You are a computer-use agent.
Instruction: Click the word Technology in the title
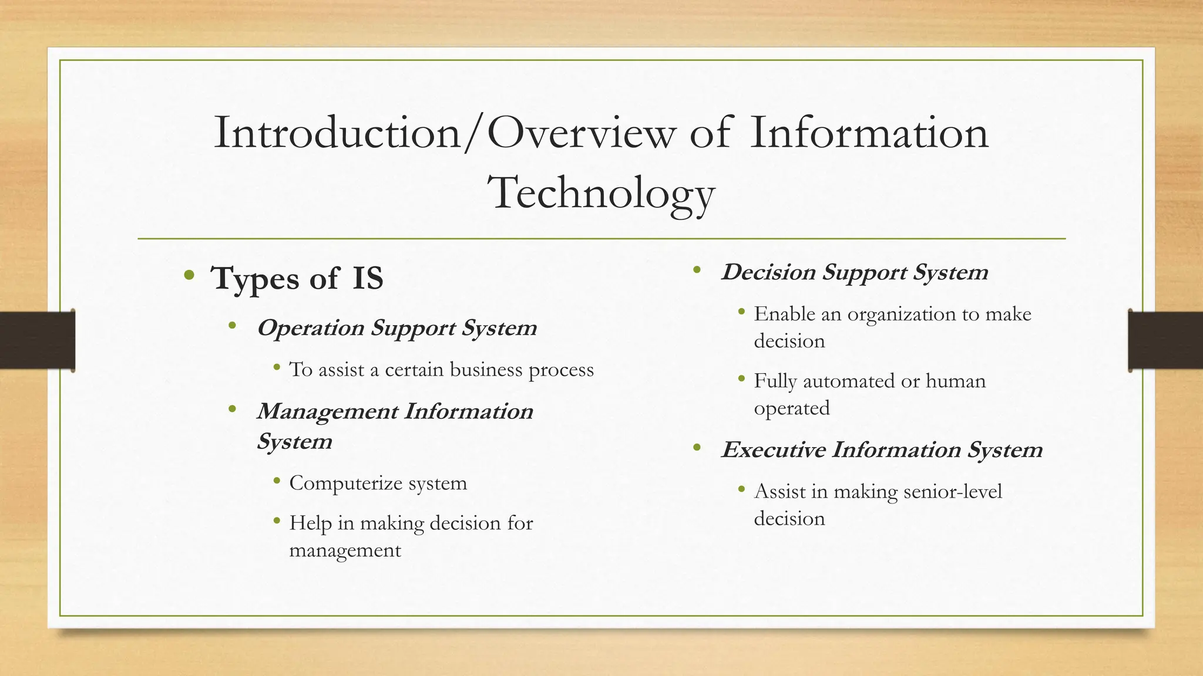pyautogui.click(x=601, y=194)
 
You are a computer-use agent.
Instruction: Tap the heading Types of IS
pyautogui.click(x=297, y=278)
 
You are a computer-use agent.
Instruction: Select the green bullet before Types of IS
pyautogui.click(x=189, y=275)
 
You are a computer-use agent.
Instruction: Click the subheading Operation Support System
pyautogui.click(x=396, y=327)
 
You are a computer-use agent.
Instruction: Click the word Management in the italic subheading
pyautogui.click(x=327, y=411)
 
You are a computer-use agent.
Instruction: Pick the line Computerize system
pyautogui.click(x=378, y=483)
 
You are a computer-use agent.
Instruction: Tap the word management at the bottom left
pyautogui.click(x=345, y=550)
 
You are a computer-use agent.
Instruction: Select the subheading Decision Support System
pyautogui.click(x=854, y=272)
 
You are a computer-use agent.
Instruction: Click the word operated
pyautogui.click(x=791, y=408)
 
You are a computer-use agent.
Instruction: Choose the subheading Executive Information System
pyautogui.click(x=881, y=450)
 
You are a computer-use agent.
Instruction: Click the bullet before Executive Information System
pyautogui.click(x=697, y=448)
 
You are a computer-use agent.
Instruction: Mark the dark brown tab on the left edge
pyautogui.click(x=37, y=340)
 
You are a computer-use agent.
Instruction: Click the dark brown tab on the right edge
pyautogui.click(x=1165, y=340)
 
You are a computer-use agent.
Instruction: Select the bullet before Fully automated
pyautogui.click(x=742, y=380)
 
